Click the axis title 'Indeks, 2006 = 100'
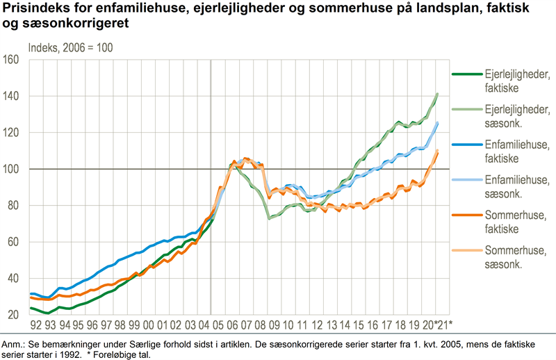pyautogui.click(x=71, y=48)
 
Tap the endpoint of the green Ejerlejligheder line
pyautogui.click(x=437, y=94)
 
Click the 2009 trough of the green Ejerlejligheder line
pyautogui.click(x=269, y=218)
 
